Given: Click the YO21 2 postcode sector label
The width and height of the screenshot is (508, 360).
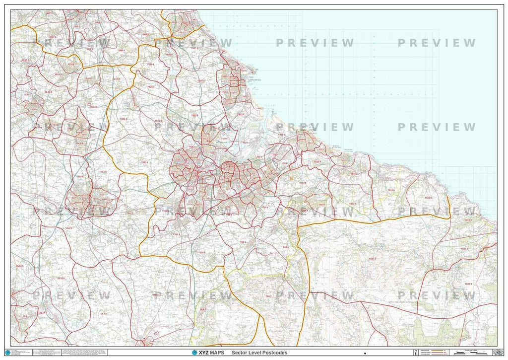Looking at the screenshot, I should pos(373,259).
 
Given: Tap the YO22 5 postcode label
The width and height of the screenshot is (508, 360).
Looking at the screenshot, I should pos(468,284).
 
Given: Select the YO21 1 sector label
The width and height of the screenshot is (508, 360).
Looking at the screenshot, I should pos(464,248).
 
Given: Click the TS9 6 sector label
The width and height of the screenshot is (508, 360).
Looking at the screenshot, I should pos(286,247).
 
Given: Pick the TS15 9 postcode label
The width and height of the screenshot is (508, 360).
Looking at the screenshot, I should pos(176,234).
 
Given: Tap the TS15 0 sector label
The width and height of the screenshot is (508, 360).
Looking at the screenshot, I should pos(202,253).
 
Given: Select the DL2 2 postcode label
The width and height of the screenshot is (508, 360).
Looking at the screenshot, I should pos(69,228).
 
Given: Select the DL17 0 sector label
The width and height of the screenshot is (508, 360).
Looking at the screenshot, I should pos(92,106).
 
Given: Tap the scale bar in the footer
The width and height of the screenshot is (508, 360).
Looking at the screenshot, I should pos(469,352).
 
